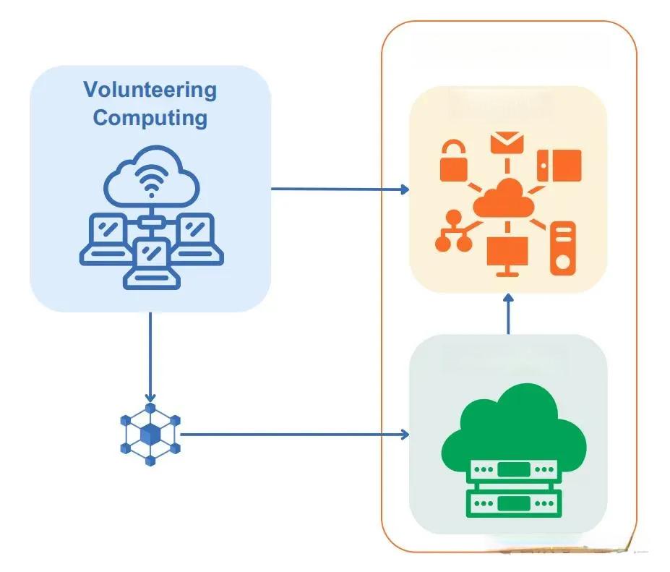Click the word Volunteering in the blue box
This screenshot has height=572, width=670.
coord(150,90)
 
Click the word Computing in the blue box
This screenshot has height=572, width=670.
coord(150,117)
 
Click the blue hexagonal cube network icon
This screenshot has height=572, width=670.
coord(150,435)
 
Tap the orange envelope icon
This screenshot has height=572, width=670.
coord(506,142)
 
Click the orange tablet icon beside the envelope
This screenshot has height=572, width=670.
coord(559,165)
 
